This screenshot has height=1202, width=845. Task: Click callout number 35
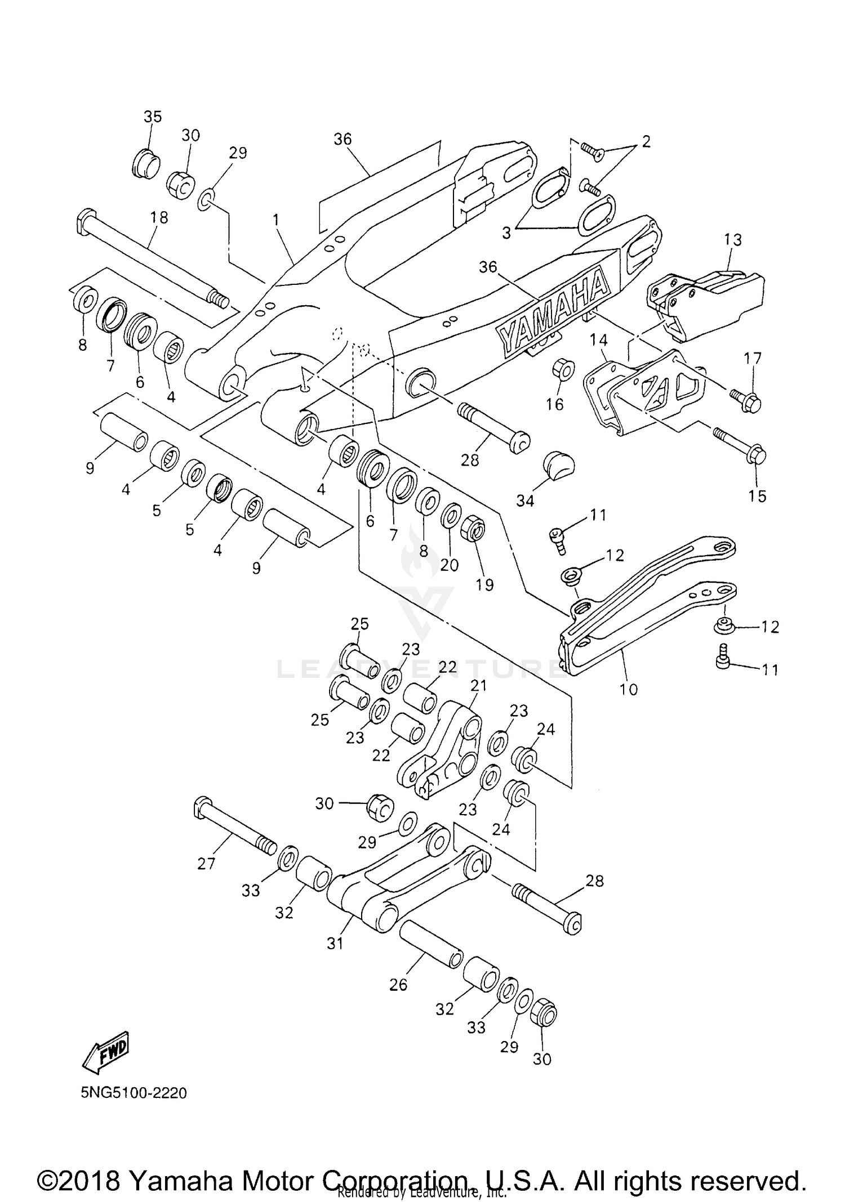(152, 117)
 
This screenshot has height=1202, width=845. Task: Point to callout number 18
(159, 217)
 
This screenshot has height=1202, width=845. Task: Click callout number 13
(733, 239)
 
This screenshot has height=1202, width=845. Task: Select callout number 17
(753, 358)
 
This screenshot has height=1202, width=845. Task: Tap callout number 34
(525, 500)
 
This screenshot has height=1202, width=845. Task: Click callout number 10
(629, 689)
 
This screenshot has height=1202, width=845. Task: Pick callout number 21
(478, 685)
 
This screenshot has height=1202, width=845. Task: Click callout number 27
(206, 863)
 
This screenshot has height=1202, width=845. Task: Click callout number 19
(484, 584)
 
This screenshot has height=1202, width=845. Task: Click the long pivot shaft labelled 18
(152, 258)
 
